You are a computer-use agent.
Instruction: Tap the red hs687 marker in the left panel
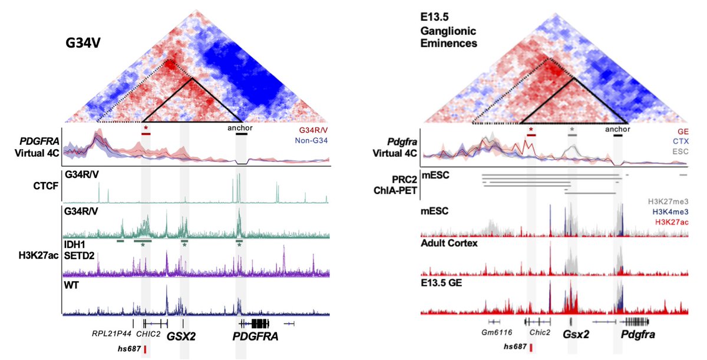pyautogui.click(x=145, y=350)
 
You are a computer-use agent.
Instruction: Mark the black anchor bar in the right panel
pyautogui.click(x=617, y=136)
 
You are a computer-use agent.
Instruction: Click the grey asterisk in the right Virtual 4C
pyautogui.click(x=571, y=128)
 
